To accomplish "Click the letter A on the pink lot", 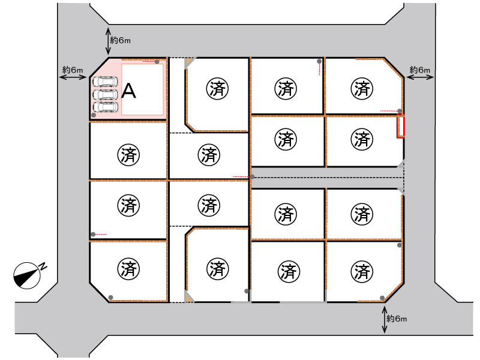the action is pyautogui.click(x=128, y=91).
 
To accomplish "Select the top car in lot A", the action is pyautogui.click(x=105, y=82).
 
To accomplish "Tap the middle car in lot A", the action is pyautogui.click(x=106, y=95).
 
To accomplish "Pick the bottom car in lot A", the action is pyautogui.click(x=106, y=107).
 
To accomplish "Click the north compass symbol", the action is pyautogui.click(x=29, y=274).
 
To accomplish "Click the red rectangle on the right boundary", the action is pyautogui.click(x=401, y=126).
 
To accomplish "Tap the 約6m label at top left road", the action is pyautogui.click(x=121, y=40).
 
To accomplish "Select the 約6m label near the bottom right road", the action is pyautogui.click(x=397, y=319).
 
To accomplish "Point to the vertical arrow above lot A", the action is pyautogui.click(x=108, y=41).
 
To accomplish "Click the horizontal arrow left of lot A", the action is pyautogui.click(x=73, y=77).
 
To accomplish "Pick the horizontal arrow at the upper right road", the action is pyautogui.click(x=420, y=77).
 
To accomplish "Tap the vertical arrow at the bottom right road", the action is pyautogui.click(x=385, y=320).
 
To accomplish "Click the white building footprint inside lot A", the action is pyautogui.click(x=142, y=89).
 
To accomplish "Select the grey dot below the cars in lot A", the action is pyautogui.click(x=94, y=115).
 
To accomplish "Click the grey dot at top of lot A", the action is pyautogui.click(x=157, y=62).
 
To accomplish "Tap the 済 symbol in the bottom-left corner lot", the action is pyautogui.click(x=128, y=269).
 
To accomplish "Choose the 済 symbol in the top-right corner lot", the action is pyautogui.click(x=362, y=89).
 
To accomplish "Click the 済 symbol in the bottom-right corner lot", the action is pyautogui.click(x=362, y=272).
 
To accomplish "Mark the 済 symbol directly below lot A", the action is pyautogui.click(x=128, y=155).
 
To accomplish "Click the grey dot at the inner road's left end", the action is pyautogui.click(x=252, y=176).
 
